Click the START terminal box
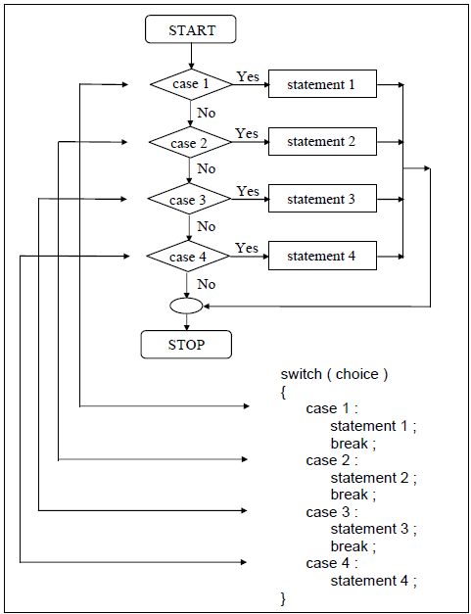(x=191, y=29)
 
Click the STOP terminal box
(x=186, y=345)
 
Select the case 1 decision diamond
(x=191, y=84)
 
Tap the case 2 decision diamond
(x=190, y=143)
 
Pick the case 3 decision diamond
(x=189, y=200)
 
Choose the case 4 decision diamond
(x=188, y=257)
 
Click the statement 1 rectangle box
(x=321, y=85)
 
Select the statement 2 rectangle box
(x=321, y=142)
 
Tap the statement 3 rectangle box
(x=321, y=199)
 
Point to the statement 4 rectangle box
(x=321, y=256)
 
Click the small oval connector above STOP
(x=186, y=307)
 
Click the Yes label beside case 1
(x=247, y=76)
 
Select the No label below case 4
(x=206, y=284)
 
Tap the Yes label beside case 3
(x=248, y=191)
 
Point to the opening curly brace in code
(x=283, y=392)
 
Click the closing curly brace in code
(x=283, y=597)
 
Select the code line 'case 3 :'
(x=332, y=512)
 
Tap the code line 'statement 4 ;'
(x=373, y=581)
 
